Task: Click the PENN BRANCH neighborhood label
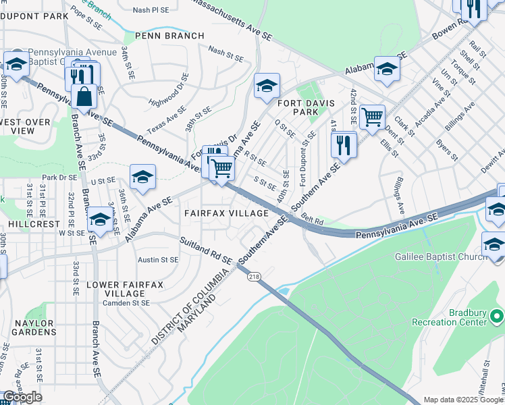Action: (169, 36)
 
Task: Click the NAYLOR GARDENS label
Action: (34, 327)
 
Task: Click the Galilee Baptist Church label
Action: (442, 257)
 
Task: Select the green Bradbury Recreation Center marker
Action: (497, 316)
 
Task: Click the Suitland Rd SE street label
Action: (206, 250)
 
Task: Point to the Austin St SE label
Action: (158, 259)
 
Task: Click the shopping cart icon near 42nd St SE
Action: (372, 117)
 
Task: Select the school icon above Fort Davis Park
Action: (267, 86)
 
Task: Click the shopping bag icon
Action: (84, 97)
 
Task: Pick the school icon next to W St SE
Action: (101, 220)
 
